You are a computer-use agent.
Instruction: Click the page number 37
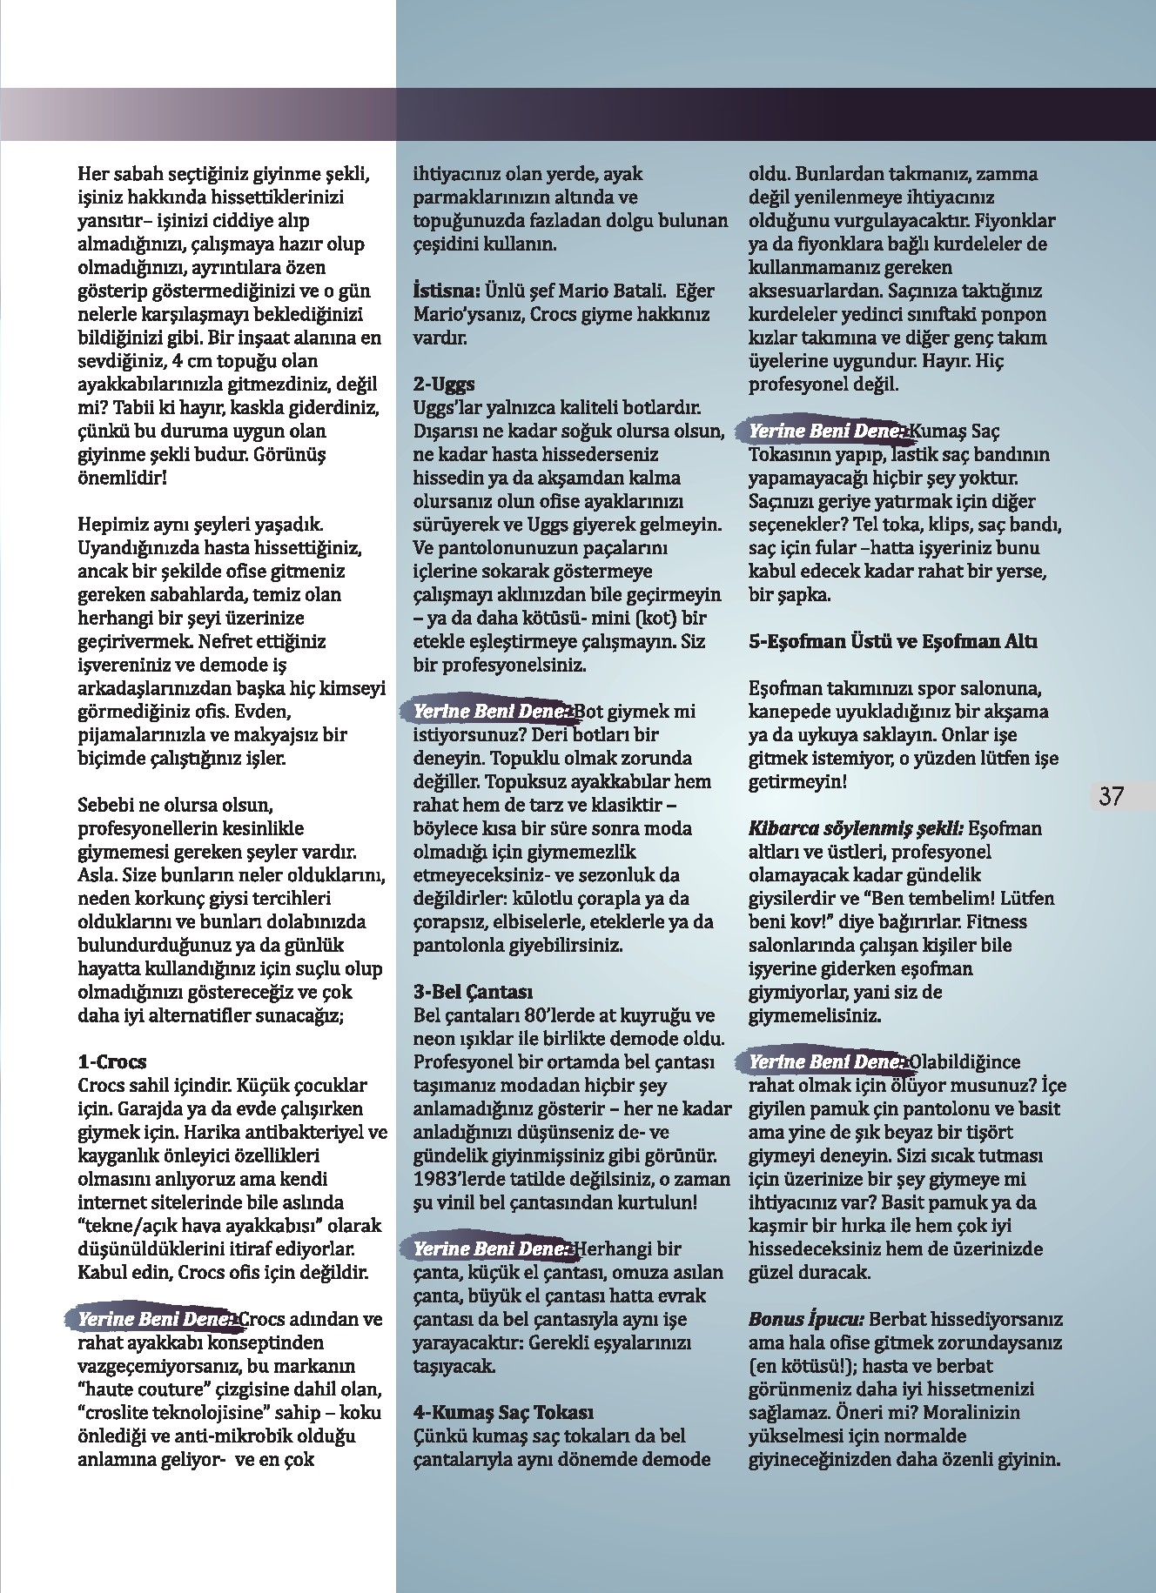tap(1112, 796)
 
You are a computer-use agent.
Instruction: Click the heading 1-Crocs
tap(112, 1062)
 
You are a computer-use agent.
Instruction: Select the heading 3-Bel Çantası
tap(473, 992)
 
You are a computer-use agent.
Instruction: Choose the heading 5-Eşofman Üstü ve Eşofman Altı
tap(893, 642)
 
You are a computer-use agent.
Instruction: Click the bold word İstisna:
tap(444, 291)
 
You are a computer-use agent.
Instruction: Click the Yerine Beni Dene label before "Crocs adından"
tap(155, 1319)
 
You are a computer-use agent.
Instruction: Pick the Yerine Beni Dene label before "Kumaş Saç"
tap(827, 431)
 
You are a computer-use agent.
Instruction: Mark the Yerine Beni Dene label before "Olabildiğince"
tap(827, 1062)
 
